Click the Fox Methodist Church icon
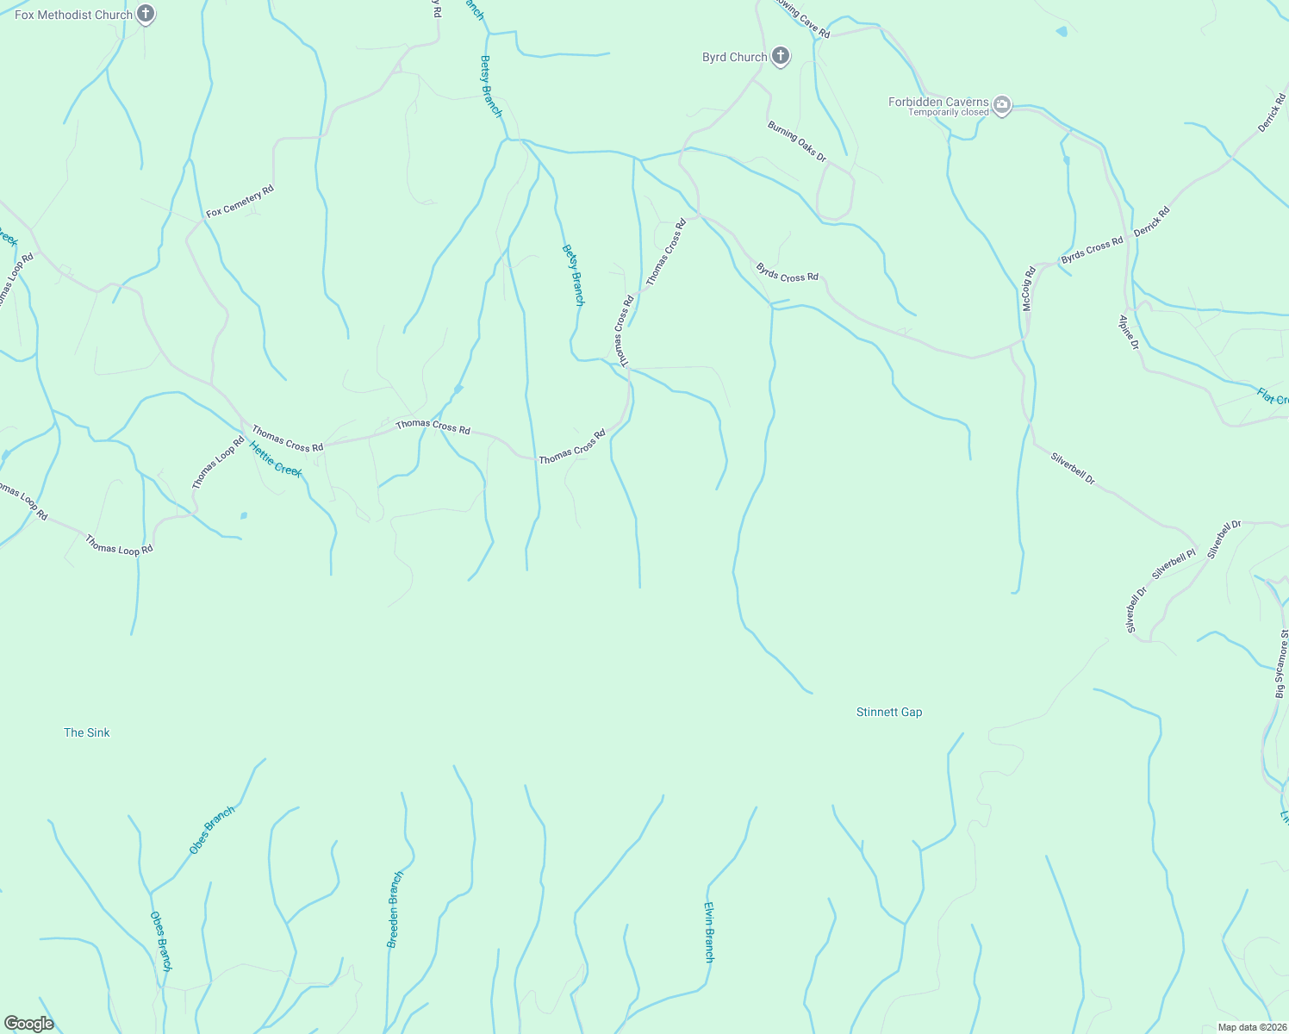pyautogui.click(x=146, y=14)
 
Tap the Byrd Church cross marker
pyautogui.click(x=781, y=57)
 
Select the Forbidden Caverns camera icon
pyautogui.click(x=1001, y=105)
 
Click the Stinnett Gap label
pyautogui.click(x=889, y=713)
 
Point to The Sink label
pyautogui.click(x=87, y=733)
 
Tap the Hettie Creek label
pyautogui.click(x=275, y=458)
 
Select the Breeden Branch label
pyautogui.click(x=395, y=910)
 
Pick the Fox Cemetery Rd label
pyautogui.click(x=240, y=201)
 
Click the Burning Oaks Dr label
pyautogui.click(x=797, y=141)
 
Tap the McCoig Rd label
pyautogui.click(x=1027, y=289)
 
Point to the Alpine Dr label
pyautogui.click(x=1129, y=333)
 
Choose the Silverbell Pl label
pyautogui.click(x=1174, y=564)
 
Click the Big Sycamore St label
pyautogui.click(x=1282, y=663)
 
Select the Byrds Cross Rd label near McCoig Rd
pyautogui.click(x=1092, y=251)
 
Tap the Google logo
pyautogui.click(x=29, y=1024)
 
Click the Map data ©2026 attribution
pyautogui.click(x=1251, y=1027)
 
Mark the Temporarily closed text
pyautogui.click(x=948, y=113)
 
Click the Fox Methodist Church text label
pyautogui.click(x=73, y=15)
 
